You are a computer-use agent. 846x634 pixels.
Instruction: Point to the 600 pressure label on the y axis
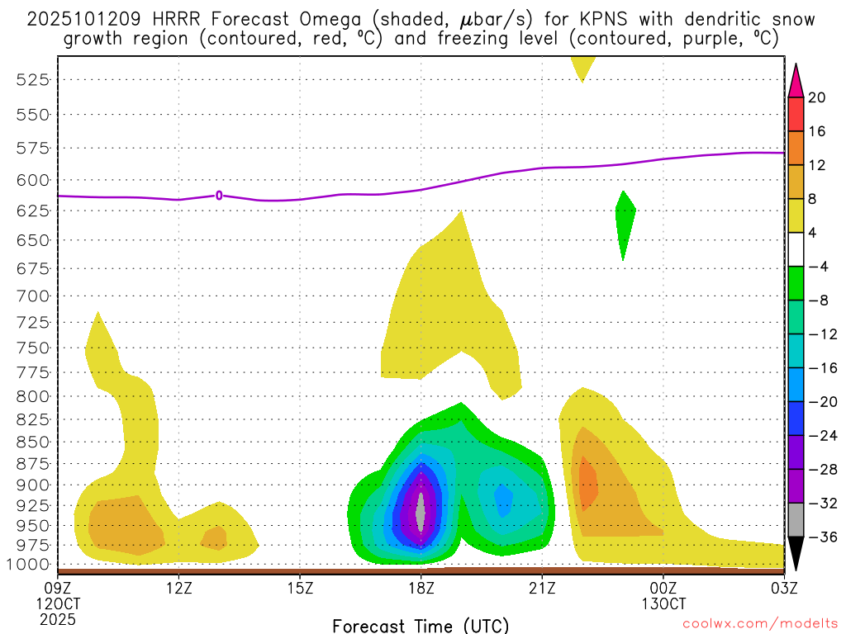[33, 180]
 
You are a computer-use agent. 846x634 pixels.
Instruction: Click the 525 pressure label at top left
[33, 79]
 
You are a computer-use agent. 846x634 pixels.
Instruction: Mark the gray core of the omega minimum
[421, 513]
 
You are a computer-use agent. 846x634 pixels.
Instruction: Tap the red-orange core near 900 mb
[587, 483]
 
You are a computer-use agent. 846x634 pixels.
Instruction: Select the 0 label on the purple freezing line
[219, 196]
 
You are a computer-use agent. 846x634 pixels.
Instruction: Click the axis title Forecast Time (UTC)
[421, 625]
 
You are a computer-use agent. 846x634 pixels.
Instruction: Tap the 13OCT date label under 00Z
[663, 603]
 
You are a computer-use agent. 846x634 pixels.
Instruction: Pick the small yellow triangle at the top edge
[582, 66]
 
